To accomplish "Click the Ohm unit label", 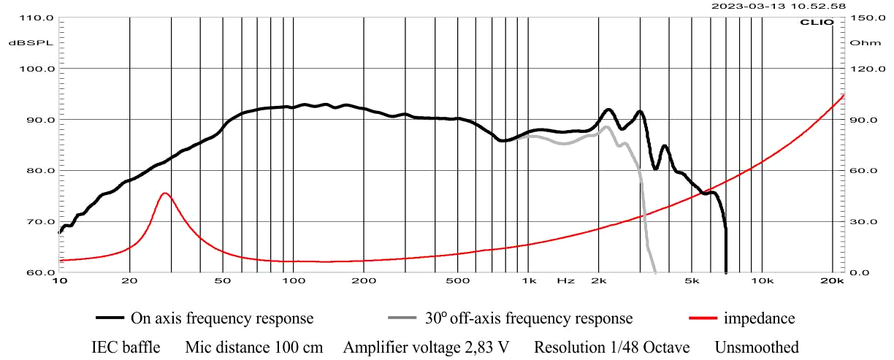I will (x=860, y=43).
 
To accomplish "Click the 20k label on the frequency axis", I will (x=833, y=280).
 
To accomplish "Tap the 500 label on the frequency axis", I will (x=457, y=280).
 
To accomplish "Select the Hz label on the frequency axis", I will (x=565, y=280).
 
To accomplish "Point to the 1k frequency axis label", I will (x=529, y=280).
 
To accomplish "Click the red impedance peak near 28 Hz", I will (x=165, y=194).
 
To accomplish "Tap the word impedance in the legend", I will (x=759, y=318).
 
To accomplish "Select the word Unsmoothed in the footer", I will (x=757, y=347).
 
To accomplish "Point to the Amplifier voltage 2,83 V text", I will (x=426, y=347).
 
